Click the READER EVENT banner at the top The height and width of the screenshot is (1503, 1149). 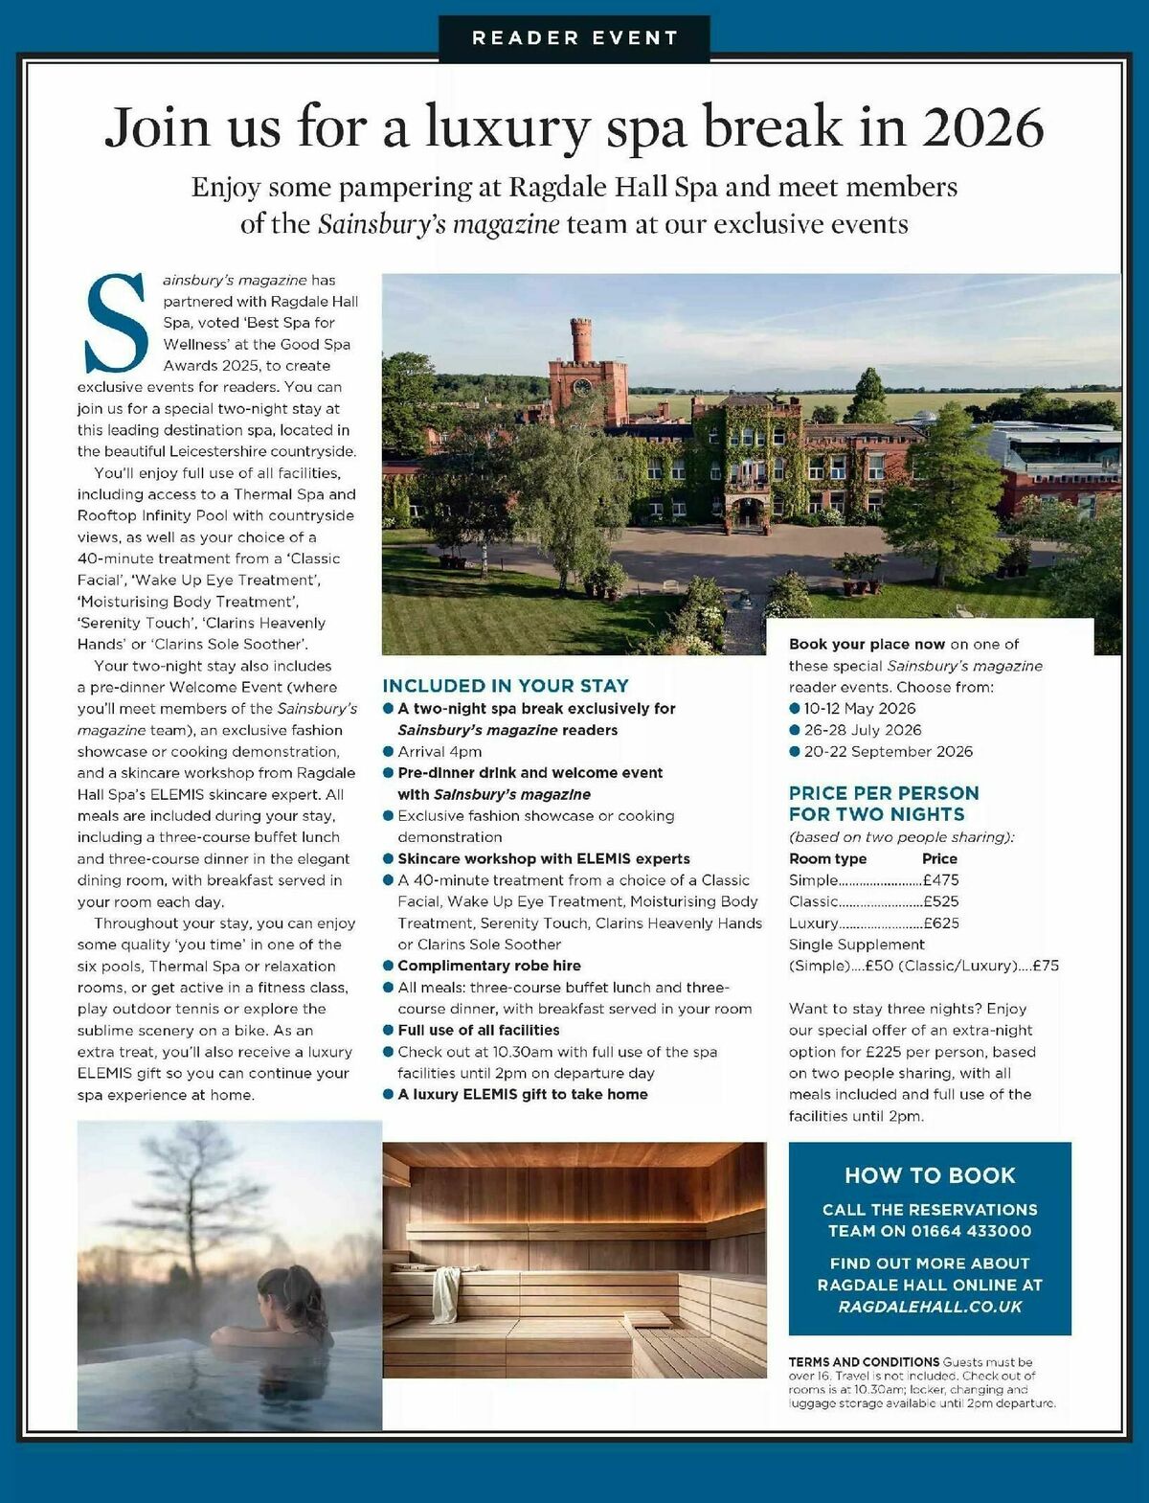pos(574,38)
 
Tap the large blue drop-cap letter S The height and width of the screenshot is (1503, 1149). pos(118,323)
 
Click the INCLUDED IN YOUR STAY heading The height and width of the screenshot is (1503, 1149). pos(506,686)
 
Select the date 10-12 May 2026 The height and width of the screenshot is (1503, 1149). pos(859,709)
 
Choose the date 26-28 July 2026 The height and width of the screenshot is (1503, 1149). pos(862,730)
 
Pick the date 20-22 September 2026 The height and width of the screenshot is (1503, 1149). pos(888,752)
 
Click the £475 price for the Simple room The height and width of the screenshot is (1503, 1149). pos(941,880)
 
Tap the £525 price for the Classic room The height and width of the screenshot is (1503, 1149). pos(941,901)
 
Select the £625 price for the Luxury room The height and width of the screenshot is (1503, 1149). pos(941,923)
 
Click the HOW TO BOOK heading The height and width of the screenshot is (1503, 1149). pos(930,1175)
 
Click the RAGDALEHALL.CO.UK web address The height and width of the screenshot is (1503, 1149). pos(930,1307)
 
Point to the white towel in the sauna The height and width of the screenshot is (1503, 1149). pos(445,1293)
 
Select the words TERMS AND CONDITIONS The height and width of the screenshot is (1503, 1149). pos(864,1362)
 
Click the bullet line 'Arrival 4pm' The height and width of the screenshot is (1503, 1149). pos(439,752)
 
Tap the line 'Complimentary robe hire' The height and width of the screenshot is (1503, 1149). pos(488,966)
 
